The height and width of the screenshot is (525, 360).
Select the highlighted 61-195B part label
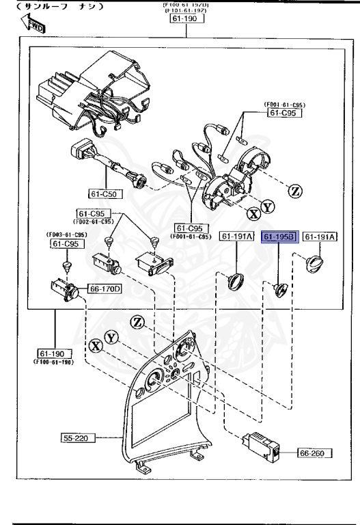pyautogui.click(x=278, y=237)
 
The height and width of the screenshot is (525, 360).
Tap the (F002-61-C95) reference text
pyautogui.click(x=95, y=221)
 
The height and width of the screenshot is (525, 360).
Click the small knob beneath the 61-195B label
pyautogui.click(x=281, y=290)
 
